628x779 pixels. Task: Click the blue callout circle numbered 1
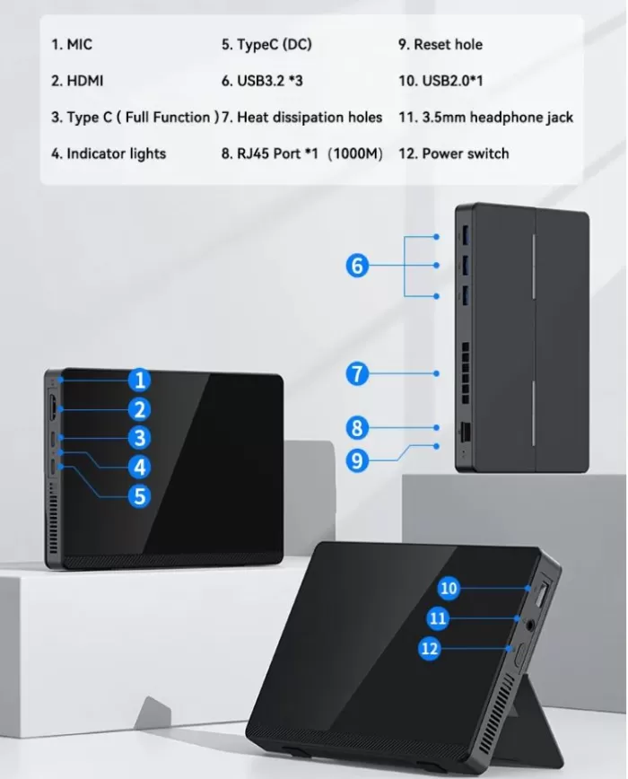138,380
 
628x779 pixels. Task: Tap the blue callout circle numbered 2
138,410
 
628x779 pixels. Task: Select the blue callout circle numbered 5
138,495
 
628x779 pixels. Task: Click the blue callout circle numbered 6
357,266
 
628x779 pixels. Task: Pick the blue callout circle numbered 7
357,373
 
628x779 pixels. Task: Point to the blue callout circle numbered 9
357,460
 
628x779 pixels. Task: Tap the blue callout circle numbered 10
449,588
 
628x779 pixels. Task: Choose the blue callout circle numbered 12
431,648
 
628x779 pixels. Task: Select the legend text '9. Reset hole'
440,45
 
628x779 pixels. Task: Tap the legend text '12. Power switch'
453,153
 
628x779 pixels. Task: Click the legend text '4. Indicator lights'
108,153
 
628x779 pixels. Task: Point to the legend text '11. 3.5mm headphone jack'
485,117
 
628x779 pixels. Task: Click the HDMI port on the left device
55,409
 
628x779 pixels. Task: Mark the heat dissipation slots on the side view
465,361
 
